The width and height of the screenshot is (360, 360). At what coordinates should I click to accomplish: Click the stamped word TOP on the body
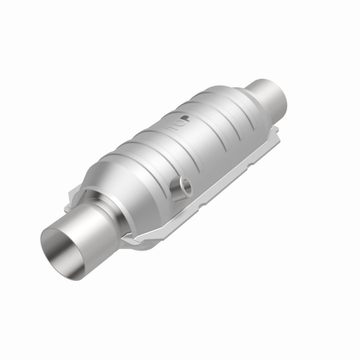tap(177, 122)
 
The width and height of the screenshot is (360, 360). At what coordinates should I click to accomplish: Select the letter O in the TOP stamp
tap(177, 122)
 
